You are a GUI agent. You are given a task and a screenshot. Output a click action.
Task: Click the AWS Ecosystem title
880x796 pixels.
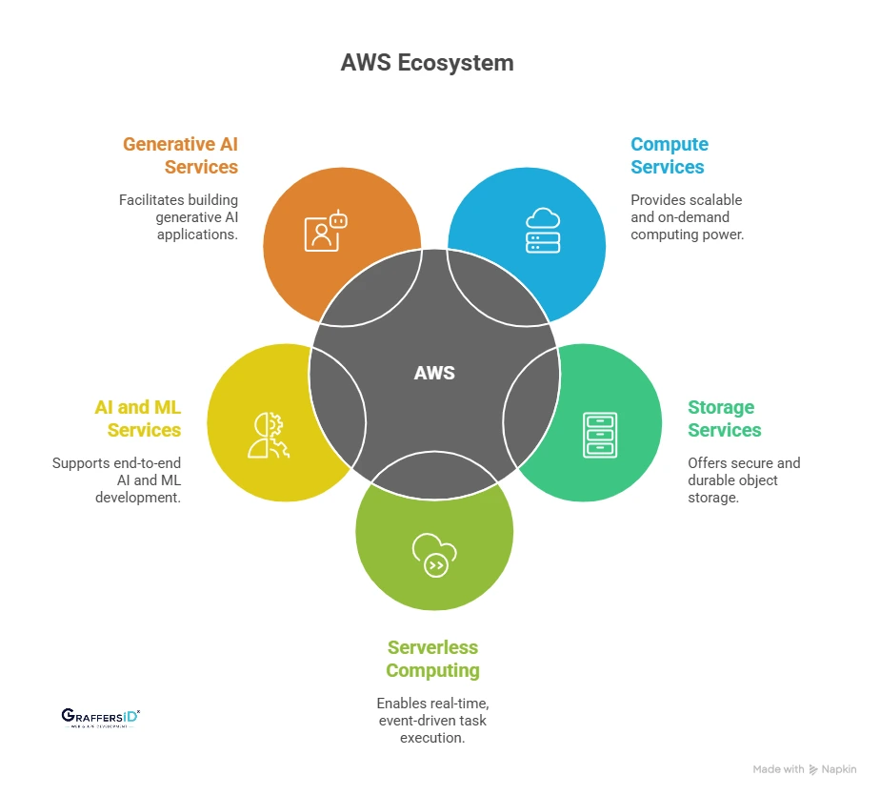pyautogui.click(x=427, y=63)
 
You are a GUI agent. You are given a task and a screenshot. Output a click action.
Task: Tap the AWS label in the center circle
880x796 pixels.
pyautogui.click(x=434, y=373)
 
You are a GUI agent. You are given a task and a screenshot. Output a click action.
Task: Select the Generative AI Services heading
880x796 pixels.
pyautogui.click(x=180, y=155)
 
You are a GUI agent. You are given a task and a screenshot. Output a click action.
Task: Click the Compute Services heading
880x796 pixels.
pyautogui.click(x=669, y=155)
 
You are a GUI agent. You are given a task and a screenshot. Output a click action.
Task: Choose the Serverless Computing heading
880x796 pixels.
pyautogui.click(x=433, y=659)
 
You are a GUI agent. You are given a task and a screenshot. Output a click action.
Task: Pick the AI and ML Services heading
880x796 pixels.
pyautogui.click(x=138, y=418)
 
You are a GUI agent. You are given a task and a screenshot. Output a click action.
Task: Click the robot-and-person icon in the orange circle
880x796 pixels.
pyautogui.click(x=325, y=230)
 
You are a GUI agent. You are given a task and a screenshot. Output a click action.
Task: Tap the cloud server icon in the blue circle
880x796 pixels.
pyautogui.click(x=543, y=229)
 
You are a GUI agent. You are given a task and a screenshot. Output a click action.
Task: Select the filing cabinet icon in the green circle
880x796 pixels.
pyautogui.click(x=599, y=435)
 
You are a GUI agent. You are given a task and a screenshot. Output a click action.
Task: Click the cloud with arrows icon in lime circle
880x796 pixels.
pyautogui.click(x=434, y=556)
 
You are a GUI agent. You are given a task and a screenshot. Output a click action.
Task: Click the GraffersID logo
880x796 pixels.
pyautogui.click(x=99, y=717)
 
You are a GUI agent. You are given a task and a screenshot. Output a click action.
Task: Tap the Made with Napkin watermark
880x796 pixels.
pyautogui.click(x=804, y=769)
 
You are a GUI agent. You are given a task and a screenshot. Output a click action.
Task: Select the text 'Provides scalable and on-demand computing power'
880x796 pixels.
pyautogui.click(x=686, y=216)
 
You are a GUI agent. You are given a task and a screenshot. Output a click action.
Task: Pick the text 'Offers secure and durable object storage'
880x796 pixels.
pyautogui.click(x=744, y=480)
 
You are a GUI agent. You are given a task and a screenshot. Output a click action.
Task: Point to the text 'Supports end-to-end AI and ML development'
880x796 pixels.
pyautogui.click(x=116, y=480)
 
